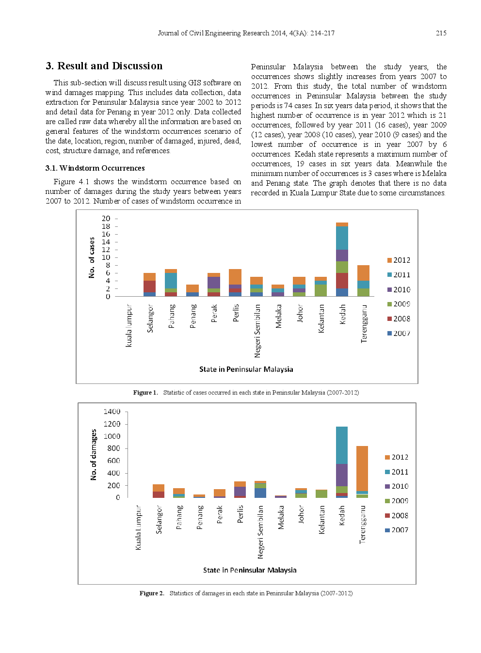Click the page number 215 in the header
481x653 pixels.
(441, 33)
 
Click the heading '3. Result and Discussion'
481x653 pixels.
(104, 66)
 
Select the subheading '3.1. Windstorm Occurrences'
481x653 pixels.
(95, 168)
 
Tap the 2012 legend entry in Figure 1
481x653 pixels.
(399, 260)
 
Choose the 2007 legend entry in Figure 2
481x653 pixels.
(397, 530)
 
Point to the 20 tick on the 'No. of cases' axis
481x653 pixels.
(106, 219)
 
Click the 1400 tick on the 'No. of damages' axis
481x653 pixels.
(112, 412)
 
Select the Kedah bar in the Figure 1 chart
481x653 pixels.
(342, 259)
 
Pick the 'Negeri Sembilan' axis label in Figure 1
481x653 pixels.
(257, 331)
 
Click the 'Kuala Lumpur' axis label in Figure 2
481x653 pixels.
(138, 527)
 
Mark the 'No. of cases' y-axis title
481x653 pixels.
(92, 257)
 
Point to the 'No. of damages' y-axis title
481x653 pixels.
(94, 455)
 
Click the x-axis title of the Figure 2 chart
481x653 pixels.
(250, 570)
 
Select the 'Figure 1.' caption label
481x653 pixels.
(145, 393)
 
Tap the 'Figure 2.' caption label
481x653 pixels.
(152, 593)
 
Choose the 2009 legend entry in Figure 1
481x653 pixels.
(399, 304)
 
